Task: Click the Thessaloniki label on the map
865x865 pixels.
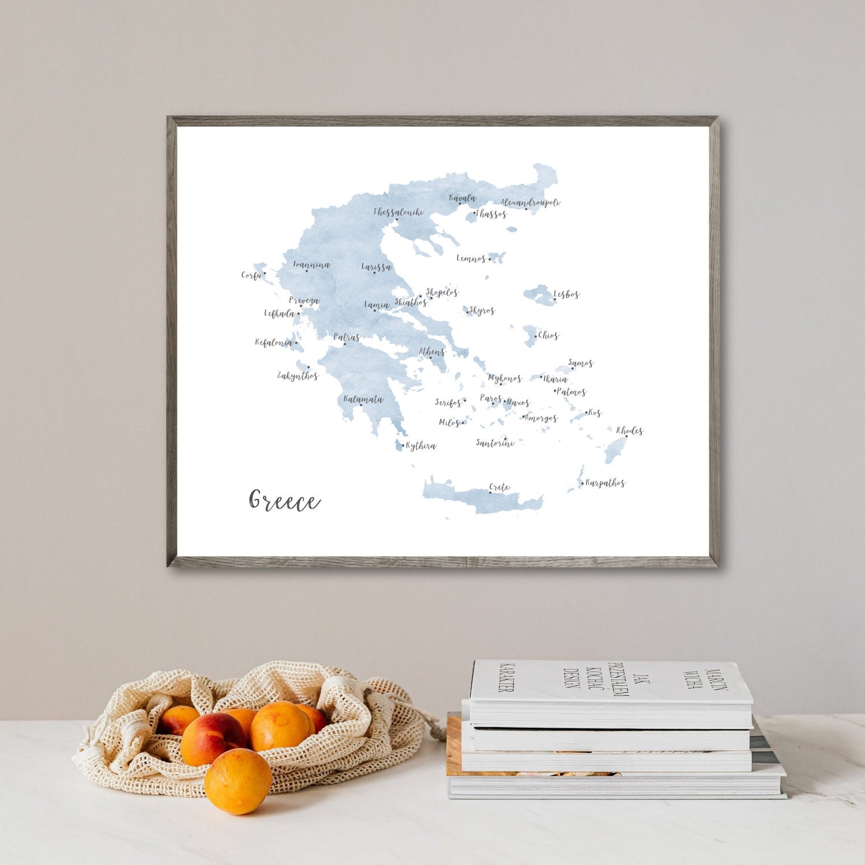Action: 398,212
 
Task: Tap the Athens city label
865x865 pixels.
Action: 431,351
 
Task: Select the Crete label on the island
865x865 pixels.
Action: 499,487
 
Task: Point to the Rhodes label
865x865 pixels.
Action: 629,430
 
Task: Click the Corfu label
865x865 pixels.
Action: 251,275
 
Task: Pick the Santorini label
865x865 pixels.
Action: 495,443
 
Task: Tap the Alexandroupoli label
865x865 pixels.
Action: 531,202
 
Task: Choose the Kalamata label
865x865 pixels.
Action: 363,399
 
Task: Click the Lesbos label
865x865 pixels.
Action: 567,295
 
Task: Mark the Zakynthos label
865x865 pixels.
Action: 298,376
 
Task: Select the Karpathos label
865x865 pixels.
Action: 605,483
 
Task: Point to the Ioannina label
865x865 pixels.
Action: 311,265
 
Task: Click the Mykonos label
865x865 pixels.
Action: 505,378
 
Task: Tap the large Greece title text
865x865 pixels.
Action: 284,501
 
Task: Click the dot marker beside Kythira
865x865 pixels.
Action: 403,445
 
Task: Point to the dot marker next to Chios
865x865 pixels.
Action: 536,336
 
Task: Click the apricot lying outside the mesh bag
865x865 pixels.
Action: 238,781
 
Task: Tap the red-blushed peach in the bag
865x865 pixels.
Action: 212,738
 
